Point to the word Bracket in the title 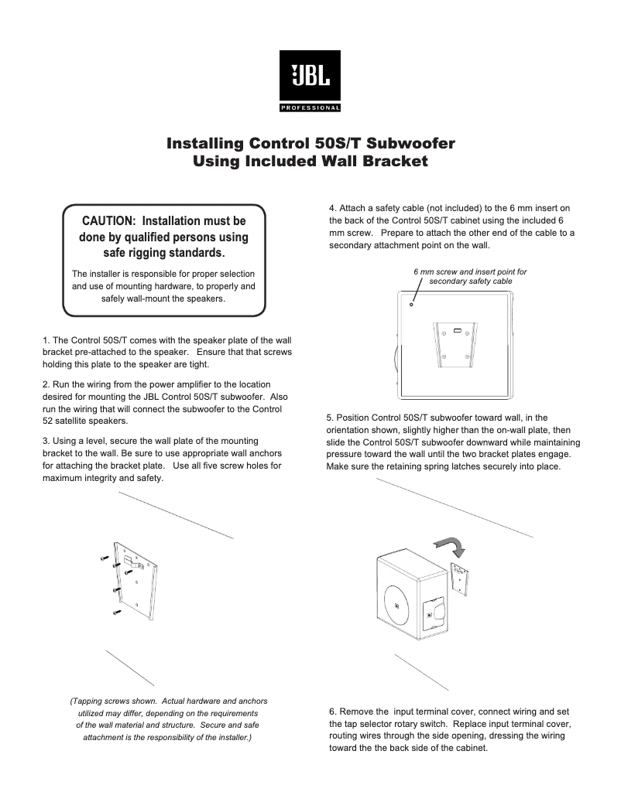pos(387,162)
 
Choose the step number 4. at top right pos(332,208)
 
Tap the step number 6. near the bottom pos(332,711)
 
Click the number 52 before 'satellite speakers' pos(48,421)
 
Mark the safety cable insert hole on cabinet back pos(411,304)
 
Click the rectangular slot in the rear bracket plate pos(458,331)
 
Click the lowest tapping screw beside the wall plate pos(117,612)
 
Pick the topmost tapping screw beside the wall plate pos(105,558)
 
